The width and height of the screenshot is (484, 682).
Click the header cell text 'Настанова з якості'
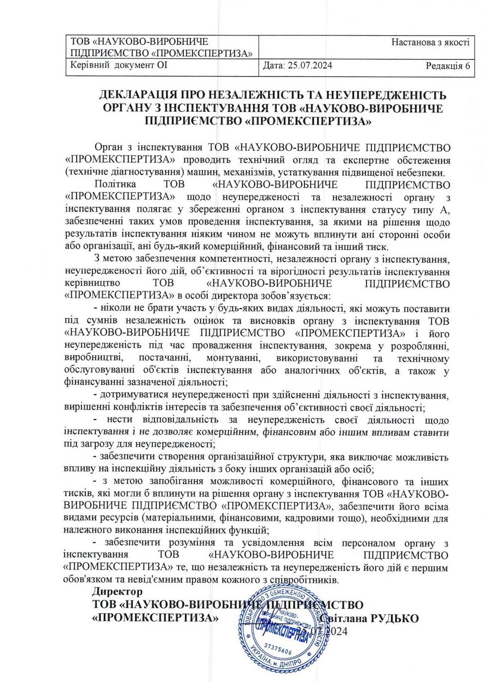[430, 43]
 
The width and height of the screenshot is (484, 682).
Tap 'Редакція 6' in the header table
[447, 66]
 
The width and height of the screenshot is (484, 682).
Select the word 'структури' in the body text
[287, 457]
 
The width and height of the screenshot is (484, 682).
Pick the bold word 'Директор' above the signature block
[117, 591]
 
